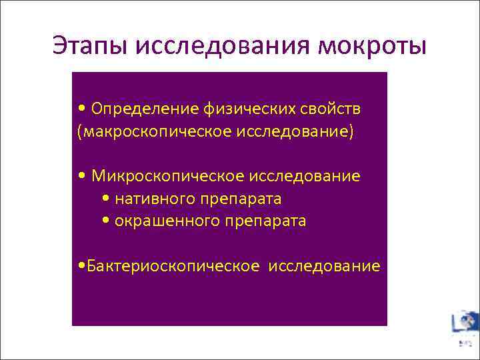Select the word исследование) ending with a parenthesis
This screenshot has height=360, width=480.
294,131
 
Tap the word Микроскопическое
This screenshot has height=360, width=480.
168,176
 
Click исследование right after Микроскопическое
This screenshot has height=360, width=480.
305,176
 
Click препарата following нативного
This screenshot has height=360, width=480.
247,199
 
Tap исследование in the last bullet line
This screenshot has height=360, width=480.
325,267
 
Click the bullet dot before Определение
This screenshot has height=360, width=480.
81,109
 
